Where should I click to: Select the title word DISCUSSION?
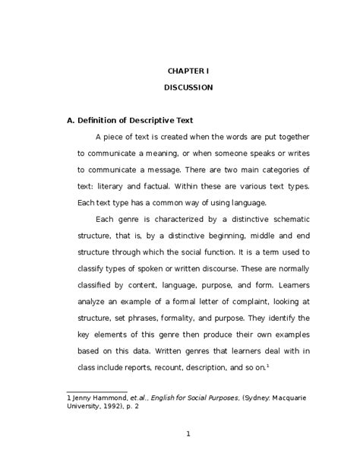tap(188, 87)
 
